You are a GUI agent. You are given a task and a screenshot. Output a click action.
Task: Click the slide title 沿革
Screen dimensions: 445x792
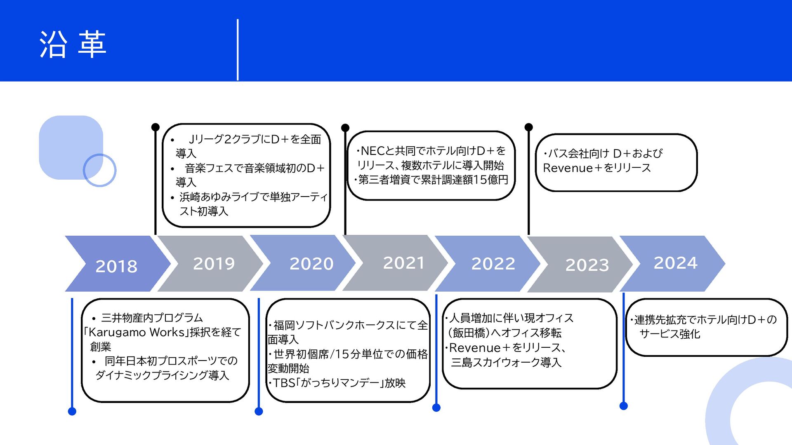[x=73, y=44]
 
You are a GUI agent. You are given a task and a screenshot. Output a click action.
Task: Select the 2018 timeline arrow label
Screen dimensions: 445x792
[x=116, y=266]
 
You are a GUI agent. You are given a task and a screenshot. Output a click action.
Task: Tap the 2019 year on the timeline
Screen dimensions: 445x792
[x=214, y=263]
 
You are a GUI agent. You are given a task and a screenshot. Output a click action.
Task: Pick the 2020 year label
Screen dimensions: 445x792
[x=311, y=263]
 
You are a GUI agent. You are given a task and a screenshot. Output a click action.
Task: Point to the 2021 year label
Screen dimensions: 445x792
[x=403, y=262]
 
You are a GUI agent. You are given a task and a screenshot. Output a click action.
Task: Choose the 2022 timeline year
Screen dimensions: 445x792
[x=493, y=263]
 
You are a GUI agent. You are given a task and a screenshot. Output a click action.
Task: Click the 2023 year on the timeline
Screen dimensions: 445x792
[x=587, y=265]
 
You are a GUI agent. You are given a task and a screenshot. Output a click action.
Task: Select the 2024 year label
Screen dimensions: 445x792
[x=675, y=262]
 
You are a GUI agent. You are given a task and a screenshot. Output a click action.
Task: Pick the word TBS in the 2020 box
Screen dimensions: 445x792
[x=284, y=383]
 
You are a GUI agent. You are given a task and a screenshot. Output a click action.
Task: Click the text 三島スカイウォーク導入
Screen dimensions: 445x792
[x=506, y=363]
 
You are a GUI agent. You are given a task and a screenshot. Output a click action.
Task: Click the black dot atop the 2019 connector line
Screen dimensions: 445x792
[x=156, y=127]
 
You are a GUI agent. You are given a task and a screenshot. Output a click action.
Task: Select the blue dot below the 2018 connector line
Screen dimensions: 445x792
[x=72, y=411]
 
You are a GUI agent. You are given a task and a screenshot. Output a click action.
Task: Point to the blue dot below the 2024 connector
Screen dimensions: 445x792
[x=624, y=406]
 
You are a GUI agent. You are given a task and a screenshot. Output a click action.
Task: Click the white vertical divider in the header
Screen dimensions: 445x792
[x=238, y=49]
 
